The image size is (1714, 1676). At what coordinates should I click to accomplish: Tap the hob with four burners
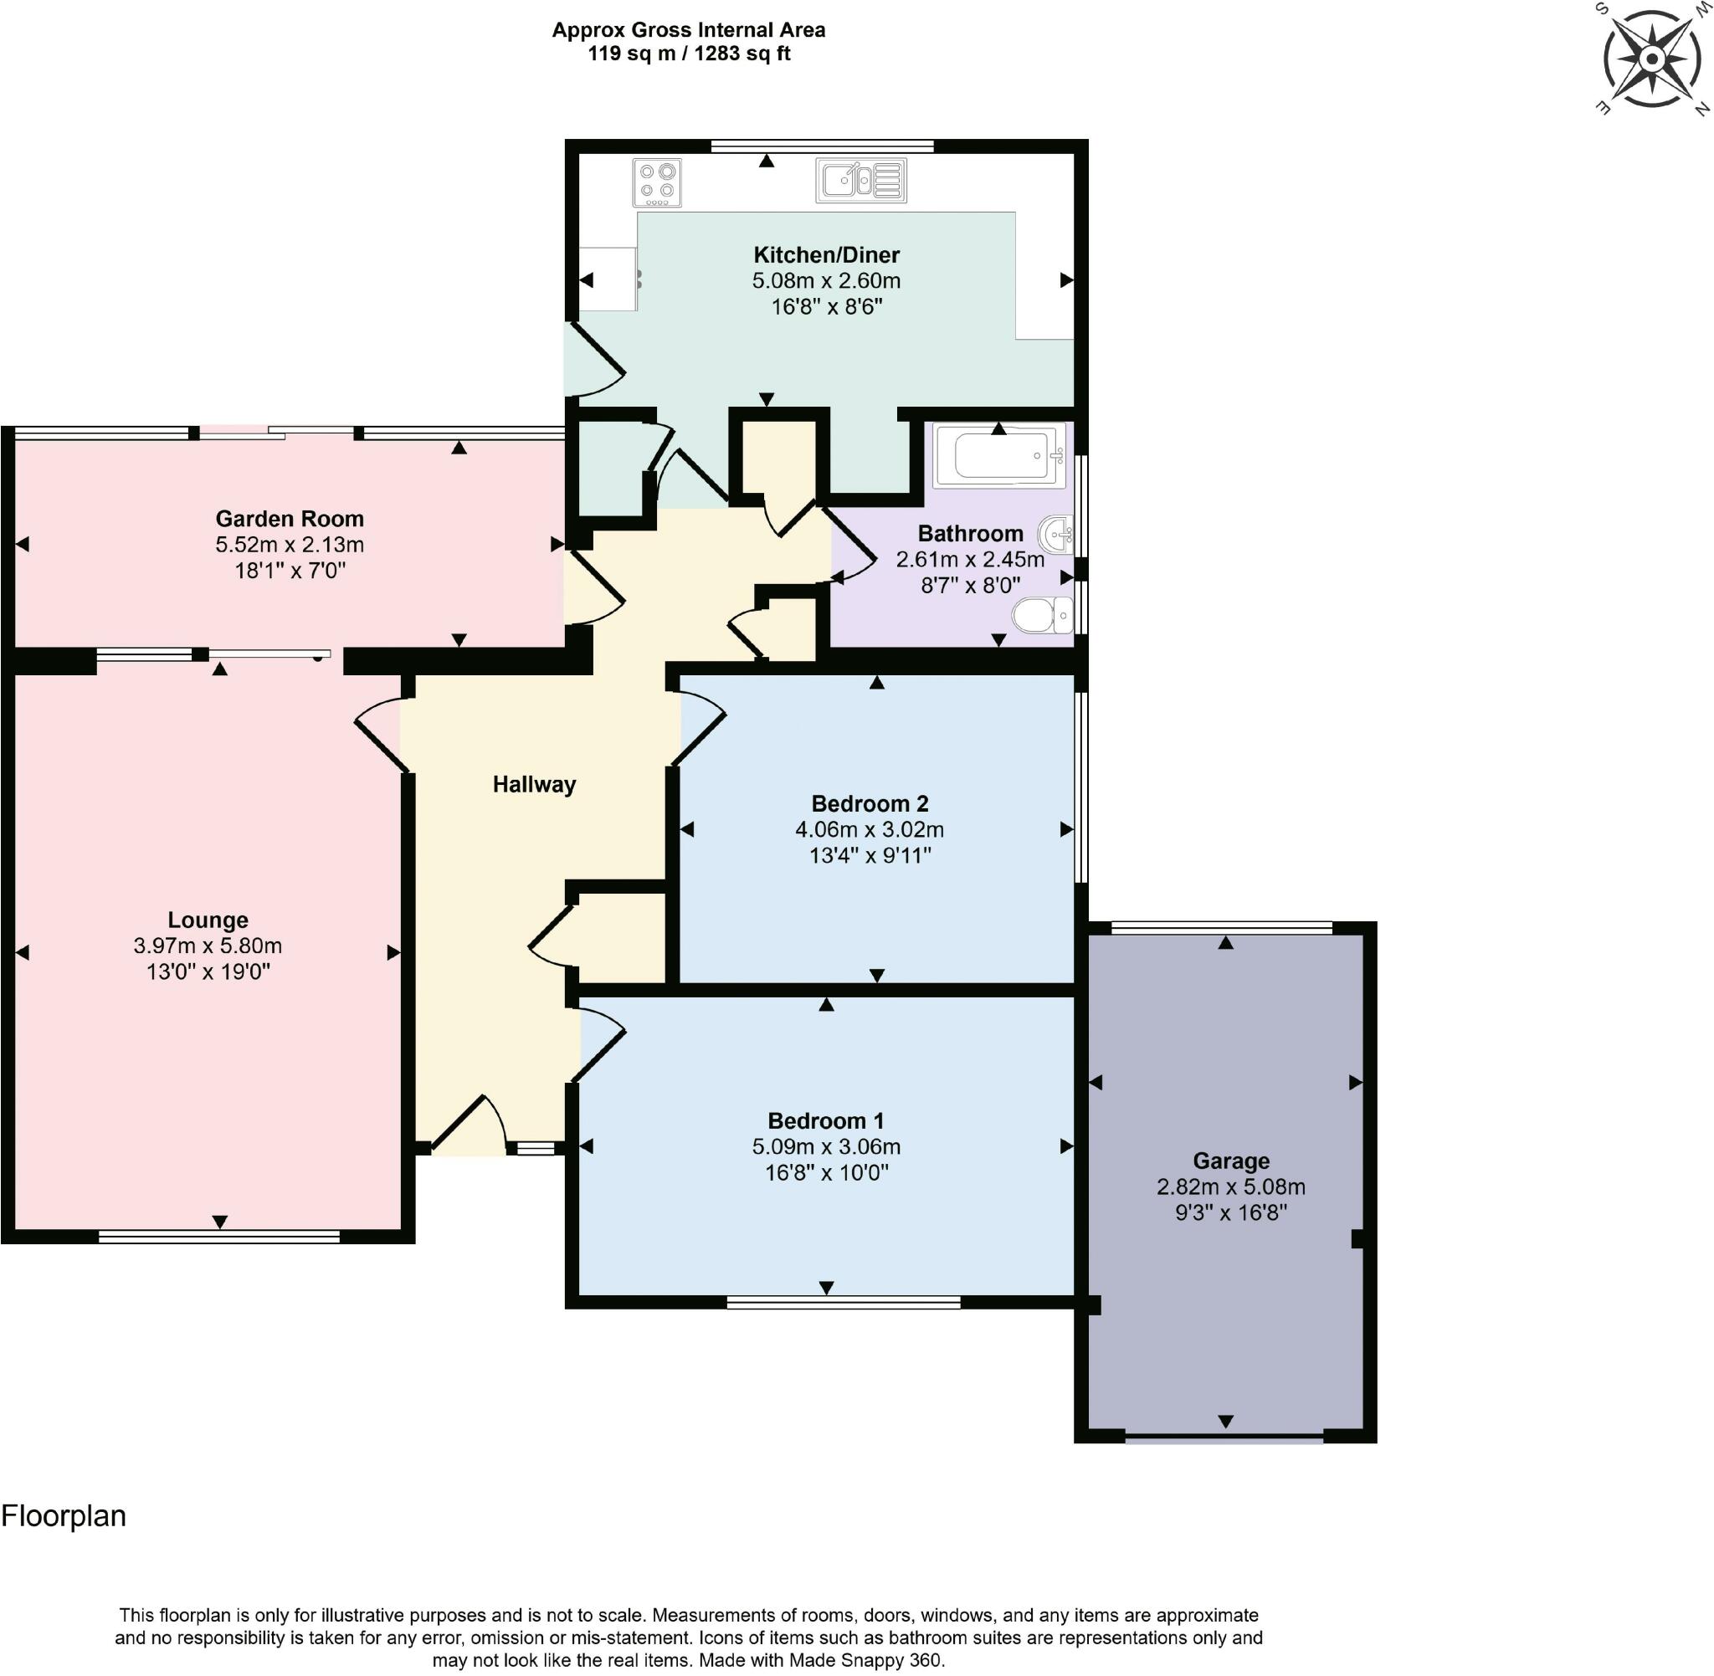pyautogui.click(x=658, y=182)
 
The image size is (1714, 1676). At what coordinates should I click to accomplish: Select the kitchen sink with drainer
pyautogui.click(x=860, y=181)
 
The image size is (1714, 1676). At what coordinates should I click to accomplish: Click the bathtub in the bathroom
pyautogui.click(x=998, y=455)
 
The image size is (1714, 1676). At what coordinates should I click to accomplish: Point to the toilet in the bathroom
pyautogui.click(x=1043, y=614)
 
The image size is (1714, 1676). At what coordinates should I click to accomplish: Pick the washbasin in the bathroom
pyautogui.click(x=1056, y=535)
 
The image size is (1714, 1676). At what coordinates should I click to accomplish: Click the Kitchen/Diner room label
pyautogui.click(x=826, y=255)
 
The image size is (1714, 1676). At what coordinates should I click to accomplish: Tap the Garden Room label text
pyautogui.click(x=290, y=519)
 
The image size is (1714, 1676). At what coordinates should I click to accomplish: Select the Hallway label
pyautogui.click(x=533, y=784)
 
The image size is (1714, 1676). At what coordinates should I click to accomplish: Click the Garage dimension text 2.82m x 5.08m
pyautogui.click(x=1229, y=1187)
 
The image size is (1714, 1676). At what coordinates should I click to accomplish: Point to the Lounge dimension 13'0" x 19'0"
pyautogui.click(x=208, y=971)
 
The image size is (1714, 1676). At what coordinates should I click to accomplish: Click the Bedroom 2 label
pyautogui.click(x=869, y=802)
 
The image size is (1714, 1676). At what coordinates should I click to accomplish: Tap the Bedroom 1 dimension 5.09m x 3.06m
pyautogui.click(x=825, y=1146)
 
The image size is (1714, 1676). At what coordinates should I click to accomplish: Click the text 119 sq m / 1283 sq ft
pyautogui.click(x=689, y=54)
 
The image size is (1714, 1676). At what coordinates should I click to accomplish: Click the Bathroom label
pyautogui.click(x=969, y=534)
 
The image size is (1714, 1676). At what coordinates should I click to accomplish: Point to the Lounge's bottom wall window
pyautogui.click(x=219, y=1238)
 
